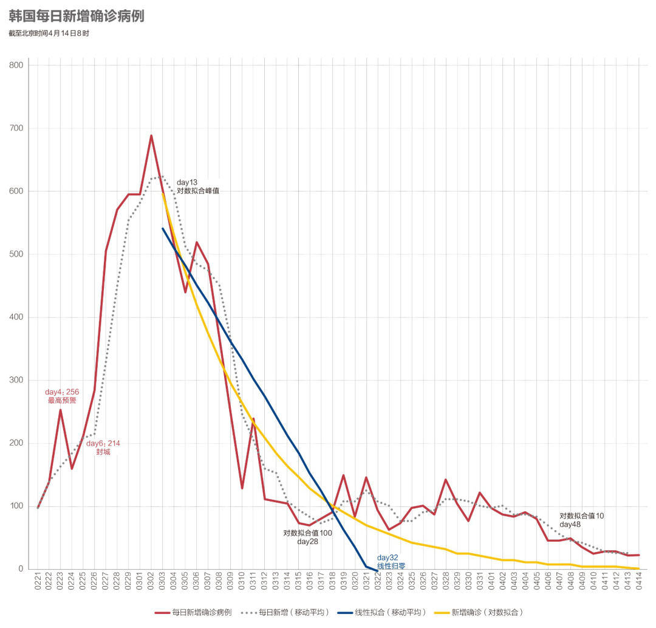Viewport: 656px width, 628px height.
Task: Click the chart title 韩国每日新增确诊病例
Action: coord(77,16)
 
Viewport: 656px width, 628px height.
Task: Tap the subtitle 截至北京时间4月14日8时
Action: coord(49,33)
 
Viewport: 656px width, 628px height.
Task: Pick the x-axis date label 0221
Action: coord(38,584)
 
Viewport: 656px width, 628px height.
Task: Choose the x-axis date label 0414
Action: coord(639,584)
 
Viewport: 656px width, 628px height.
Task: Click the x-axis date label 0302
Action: coord(151,584)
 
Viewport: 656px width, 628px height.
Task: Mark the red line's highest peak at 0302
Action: coord(151,136)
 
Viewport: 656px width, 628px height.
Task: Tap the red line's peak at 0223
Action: coord(60,410)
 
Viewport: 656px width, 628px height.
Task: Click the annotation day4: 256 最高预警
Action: coord(62,396)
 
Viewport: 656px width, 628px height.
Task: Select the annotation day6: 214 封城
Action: coord(103,448)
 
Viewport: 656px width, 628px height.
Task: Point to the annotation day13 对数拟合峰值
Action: coord(197,186)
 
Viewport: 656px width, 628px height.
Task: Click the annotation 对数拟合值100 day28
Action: coord(308,537)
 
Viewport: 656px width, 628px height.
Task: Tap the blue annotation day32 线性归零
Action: coord(391,562)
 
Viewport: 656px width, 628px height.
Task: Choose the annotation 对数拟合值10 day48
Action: coord(581,520)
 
